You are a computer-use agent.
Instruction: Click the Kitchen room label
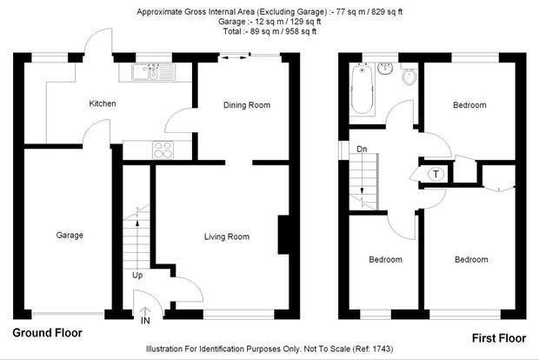pyautogui.click(x=103, y=103)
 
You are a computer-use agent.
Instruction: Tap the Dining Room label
pyautogui.click(x=247, y=105)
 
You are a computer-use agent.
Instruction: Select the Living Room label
pyautogui.click(x=227, y=237)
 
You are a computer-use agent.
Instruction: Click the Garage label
pyautogui.click(x=70, y=235)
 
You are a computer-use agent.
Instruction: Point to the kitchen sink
pyautogui.click(x=153, y=72)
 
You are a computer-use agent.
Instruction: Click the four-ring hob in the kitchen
pyautogui.click(x=163, y=150)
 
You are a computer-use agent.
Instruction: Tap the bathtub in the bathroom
pyautogui.click(x=362, y=89)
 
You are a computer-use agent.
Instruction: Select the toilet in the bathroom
pyautogui.click(x=409, y=77)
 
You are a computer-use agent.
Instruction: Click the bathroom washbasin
pyautogui.click(x=385, y=68)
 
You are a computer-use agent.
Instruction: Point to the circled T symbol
pyautogui.click(x=436, y=174)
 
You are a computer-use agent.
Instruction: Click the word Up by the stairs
pyautogui.click(x=137, y=276)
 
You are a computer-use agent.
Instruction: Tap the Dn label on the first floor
pyautogui.click(x=362, y=149)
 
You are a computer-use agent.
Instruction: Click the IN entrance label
pyautogui.click(x=145, y=321)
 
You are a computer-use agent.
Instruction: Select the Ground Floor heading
pyautogui.click(x=48, y=333)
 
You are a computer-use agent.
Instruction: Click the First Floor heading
pyautogui.click(x=499, y=338)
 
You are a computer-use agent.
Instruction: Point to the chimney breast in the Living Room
pyautogui.click(x=283, y=235)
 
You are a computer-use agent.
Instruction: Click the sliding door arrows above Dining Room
pyautogui.click(x=234, y=57)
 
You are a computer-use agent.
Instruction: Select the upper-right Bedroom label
pyautogui.click(x=469, y=105)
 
